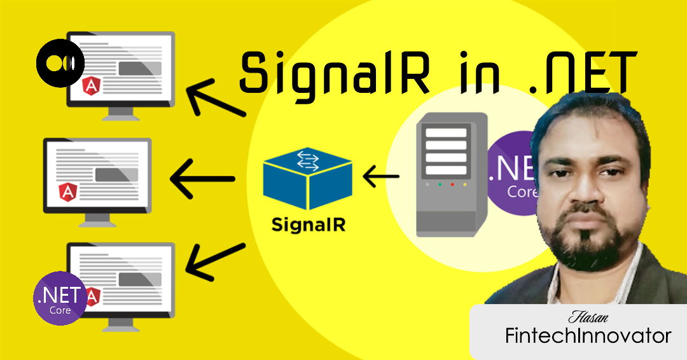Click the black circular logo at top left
[56, 65]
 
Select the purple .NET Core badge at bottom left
[60, 298]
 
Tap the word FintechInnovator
[588, 336]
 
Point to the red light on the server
[452, 184]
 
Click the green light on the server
[440, 184]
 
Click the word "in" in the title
[461, 71]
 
